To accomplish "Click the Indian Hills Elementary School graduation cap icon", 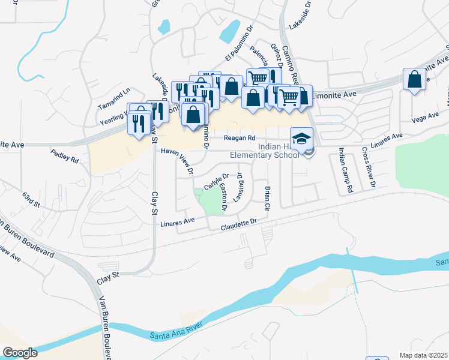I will click(302, 139).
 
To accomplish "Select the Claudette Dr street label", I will click(238, 226).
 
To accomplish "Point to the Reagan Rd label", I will click(236, 139).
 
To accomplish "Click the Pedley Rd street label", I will click(65, 158).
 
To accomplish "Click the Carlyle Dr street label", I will click(216, 181).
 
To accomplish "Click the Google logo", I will click(20, 353).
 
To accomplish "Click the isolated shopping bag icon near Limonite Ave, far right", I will click(415, 80).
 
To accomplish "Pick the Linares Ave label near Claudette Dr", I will click(178, 223).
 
